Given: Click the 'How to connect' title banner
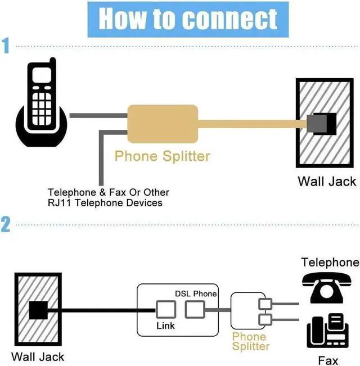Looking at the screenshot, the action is tap(188, 19).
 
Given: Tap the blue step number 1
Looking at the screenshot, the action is tap(6, 46).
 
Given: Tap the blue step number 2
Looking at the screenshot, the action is tap(6, 224).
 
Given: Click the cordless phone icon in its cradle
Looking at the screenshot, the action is tap(41, 102).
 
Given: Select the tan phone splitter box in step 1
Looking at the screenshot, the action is tap(163, 124).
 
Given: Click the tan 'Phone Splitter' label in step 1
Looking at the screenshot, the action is tap(162, 156).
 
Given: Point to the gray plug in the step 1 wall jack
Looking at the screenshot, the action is tap(317, 124).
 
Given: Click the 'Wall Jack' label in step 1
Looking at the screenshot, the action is tap(327, 182).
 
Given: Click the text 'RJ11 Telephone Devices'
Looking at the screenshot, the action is tap(105, 202).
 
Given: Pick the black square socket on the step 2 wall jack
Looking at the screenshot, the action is tap(38, 310).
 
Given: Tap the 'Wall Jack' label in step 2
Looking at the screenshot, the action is tap(38, 357).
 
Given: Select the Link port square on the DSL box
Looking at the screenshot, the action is tap(166, 310).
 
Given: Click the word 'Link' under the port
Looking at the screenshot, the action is tap(165, 326).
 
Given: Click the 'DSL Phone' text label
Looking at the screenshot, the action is tap(196, 293).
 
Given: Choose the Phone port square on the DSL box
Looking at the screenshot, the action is tap(195, 310).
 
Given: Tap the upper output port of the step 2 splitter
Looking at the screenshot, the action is tap(265, 304).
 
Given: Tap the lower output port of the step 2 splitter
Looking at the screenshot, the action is tap(265, 320).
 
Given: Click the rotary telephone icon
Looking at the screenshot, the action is tap(326, 288).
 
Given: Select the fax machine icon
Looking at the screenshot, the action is tap(328, 331).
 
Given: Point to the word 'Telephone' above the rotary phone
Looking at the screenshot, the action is tap(330, 263).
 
